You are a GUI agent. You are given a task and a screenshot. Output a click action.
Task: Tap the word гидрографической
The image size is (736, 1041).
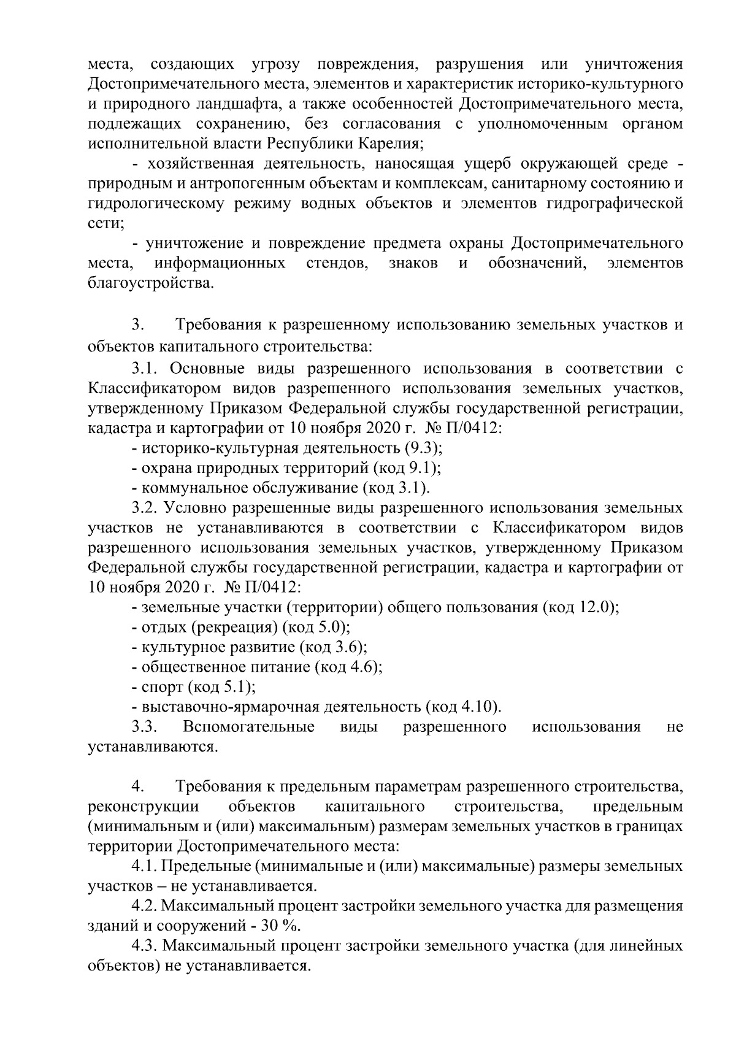[x=614, y=204]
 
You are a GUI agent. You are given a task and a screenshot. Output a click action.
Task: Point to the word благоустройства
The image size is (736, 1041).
[x=151, y=283]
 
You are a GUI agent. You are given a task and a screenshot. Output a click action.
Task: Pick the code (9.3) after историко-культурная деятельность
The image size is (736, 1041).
[x=423, y=447]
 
